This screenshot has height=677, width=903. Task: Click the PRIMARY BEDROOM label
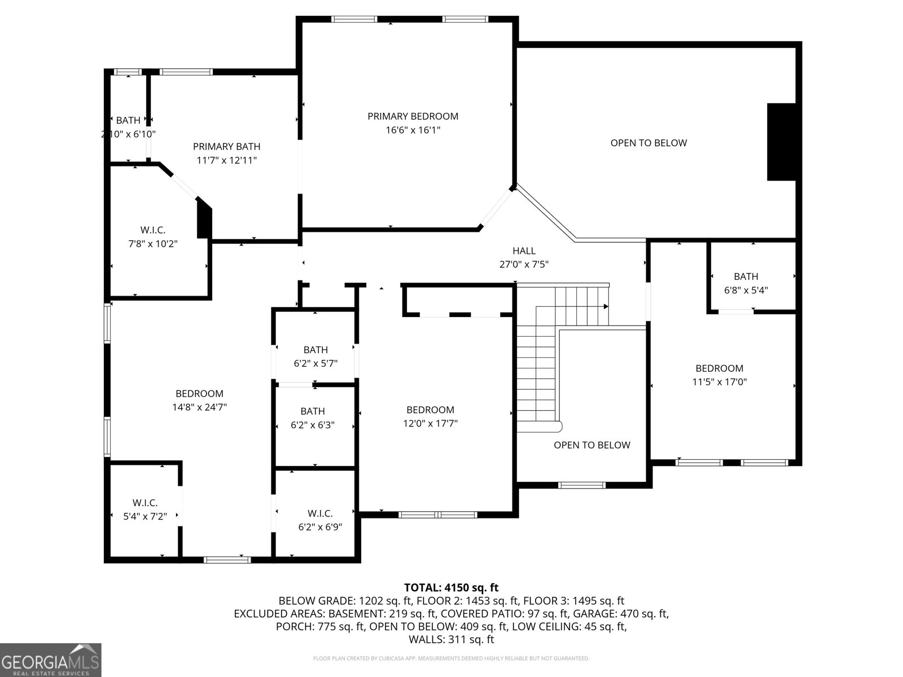point(413,116)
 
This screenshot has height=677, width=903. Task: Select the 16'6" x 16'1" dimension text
point(413,130)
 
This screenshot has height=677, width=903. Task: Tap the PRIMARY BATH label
point(226,147)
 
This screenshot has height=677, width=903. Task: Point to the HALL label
point(524,251)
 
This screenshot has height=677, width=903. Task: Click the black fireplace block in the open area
point(781,142)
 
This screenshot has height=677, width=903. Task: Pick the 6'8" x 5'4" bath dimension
point(746,291)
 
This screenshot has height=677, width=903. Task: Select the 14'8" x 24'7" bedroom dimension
point(199,407)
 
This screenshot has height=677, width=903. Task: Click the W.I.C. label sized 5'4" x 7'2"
point(145,503)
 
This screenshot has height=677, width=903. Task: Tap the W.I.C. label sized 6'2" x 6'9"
point(320,513)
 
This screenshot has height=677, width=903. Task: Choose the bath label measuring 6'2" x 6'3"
point(313,411)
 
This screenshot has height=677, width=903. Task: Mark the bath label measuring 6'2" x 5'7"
point(315,350)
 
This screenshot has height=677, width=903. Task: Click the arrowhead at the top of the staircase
point(606,306)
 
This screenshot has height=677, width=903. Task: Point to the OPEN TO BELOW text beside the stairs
point(591,445)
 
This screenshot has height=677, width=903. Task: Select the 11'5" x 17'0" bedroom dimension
point(719,382)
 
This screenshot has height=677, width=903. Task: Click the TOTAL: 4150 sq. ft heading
point(451,588)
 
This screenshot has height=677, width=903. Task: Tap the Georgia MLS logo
point(50,660)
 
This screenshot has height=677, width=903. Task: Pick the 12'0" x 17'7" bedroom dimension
point(430,424)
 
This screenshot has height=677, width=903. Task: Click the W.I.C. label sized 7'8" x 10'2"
point(152,230)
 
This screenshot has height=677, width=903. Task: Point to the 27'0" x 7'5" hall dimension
point(524,265)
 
